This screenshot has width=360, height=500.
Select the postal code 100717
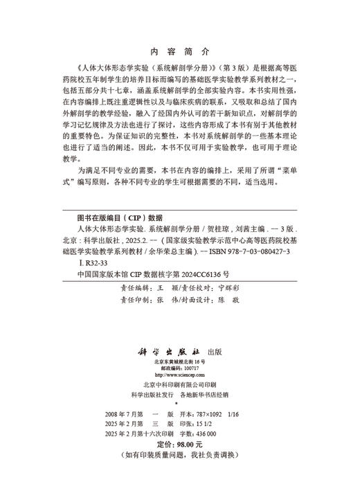pyautogui.click(x=186, y=368)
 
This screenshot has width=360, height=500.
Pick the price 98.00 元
pyautogui.click(x=188, y=443)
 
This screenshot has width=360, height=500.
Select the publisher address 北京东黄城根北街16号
pyautogui.click(x=179, y=361)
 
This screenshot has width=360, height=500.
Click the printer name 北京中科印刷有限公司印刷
pyautogui.click(x=179, y=384)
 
